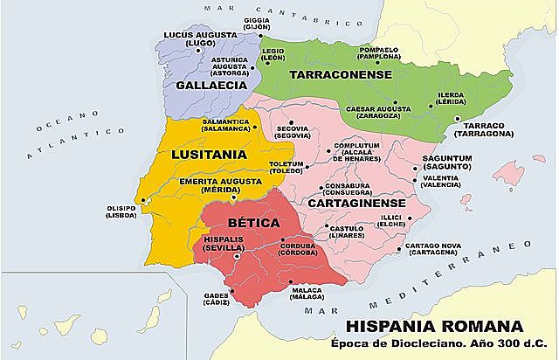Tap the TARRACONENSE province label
pyautogui.click(x=339, y=75)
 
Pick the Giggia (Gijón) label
pyautogui.click(x=257, y=23)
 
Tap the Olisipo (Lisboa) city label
pyautogui.click(x=121, y=211)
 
